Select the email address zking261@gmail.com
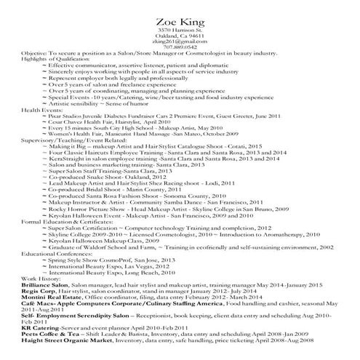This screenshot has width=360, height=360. [x=180, y=41]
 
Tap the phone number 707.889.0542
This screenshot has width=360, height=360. [x=180, y=47]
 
